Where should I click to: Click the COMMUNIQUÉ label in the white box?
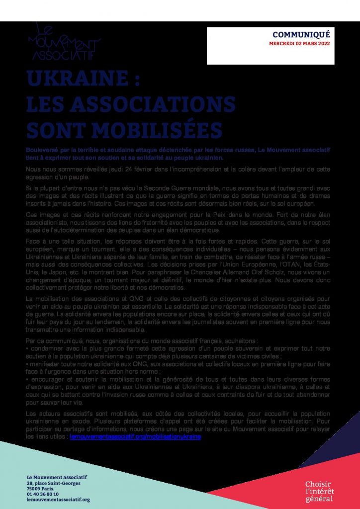(301, 34)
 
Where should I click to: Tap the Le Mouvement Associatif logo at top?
(64, 42)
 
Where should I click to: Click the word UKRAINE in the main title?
(79, 80)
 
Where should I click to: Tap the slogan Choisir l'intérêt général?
(319, 491)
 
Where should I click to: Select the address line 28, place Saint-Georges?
(53, 483)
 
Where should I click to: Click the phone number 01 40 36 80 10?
(43, 494)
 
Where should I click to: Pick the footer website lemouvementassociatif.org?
(58, 500)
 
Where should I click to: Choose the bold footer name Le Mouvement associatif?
(57, 478)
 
